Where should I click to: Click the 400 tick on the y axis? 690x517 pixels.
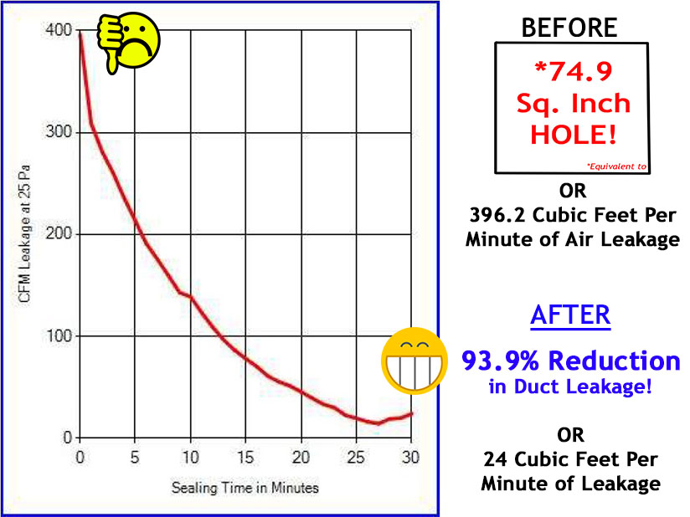tap(54, 31)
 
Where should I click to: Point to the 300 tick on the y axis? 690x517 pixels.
tap(54, 132)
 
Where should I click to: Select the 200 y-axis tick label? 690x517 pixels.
tap(54, 234)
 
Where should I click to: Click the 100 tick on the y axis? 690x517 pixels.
tap(54, 335)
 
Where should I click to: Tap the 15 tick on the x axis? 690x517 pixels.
tap(245, 457)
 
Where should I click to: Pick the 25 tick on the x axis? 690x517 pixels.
tap(356, 457)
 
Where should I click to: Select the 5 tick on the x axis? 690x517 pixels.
tap(135, 457)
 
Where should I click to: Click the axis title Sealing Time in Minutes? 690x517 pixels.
tap(245, 486)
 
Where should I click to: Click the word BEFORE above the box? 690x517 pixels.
tap(569, 27)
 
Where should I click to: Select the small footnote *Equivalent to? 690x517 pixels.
tap(616, 166)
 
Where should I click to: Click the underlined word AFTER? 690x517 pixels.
tap(569, 316)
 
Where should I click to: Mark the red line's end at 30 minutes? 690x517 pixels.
tap(412, 413)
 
